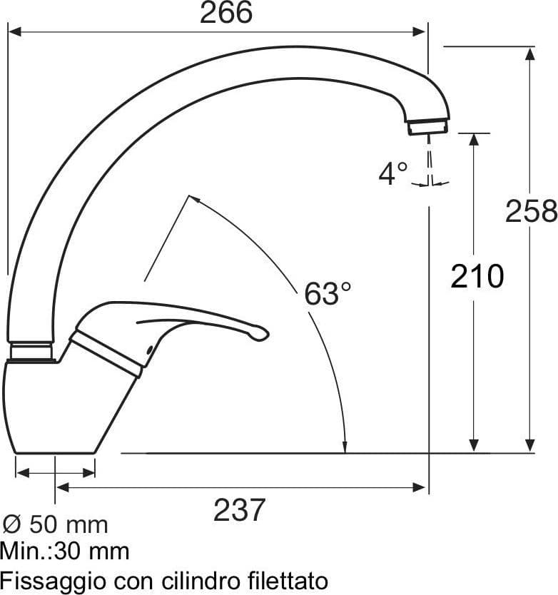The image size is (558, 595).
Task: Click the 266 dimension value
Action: tap(226, 13)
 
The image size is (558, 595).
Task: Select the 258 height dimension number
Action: tap(531, 211)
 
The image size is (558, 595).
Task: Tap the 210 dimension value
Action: tap(477, 277)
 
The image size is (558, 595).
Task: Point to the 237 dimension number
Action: tap(239, 510)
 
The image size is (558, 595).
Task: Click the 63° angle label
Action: tap(328, 293)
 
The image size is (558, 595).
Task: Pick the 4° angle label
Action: tap(393, 174)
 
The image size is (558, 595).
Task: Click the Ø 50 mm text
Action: tap(56, 525)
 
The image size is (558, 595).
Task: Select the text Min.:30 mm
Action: tap(64, 551)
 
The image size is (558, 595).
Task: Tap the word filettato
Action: tap(288, 580)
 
